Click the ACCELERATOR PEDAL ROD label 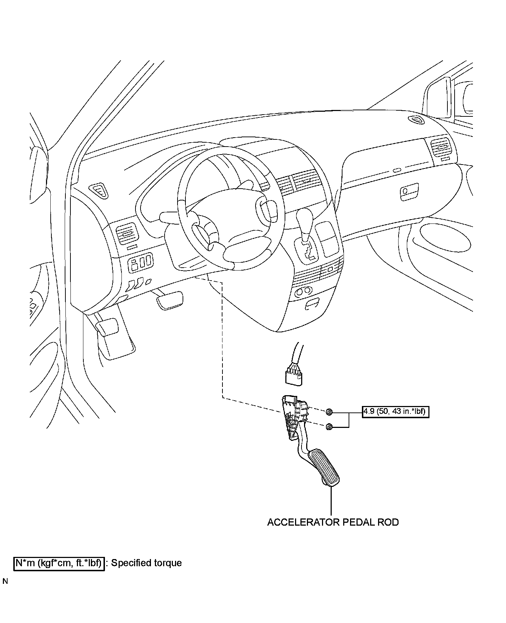point(333,522)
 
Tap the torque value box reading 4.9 point(395,411)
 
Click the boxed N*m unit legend point(59,563)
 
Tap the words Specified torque point(146,563)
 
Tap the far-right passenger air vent point(441,147)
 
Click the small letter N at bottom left point(5,581)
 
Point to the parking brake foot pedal point(107,327)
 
